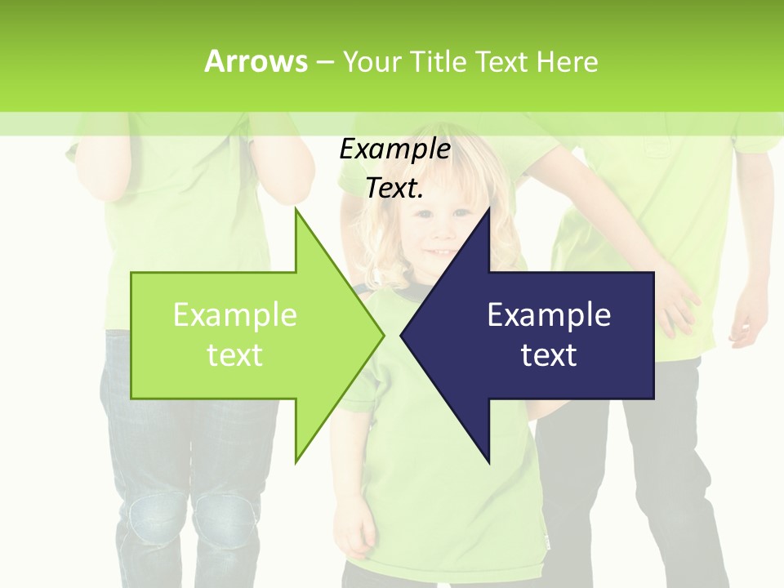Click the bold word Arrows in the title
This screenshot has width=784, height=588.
click(256, 61)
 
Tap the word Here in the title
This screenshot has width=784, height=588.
click(567, 62)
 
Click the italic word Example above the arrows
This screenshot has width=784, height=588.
click(394, 149)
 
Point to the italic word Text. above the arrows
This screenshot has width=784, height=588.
click(394, 189)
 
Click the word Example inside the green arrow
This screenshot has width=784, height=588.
click(234, 315)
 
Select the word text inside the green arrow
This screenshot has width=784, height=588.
click(234, 355)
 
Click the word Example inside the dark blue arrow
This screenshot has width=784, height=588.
click(549, 315)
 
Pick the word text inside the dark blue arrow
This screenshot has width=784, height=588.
click(549, 355)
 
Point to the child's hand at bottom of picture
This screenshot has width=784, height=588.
click(353, 535)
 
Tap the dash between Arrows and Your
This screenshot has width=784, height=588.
click(324, 62)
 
